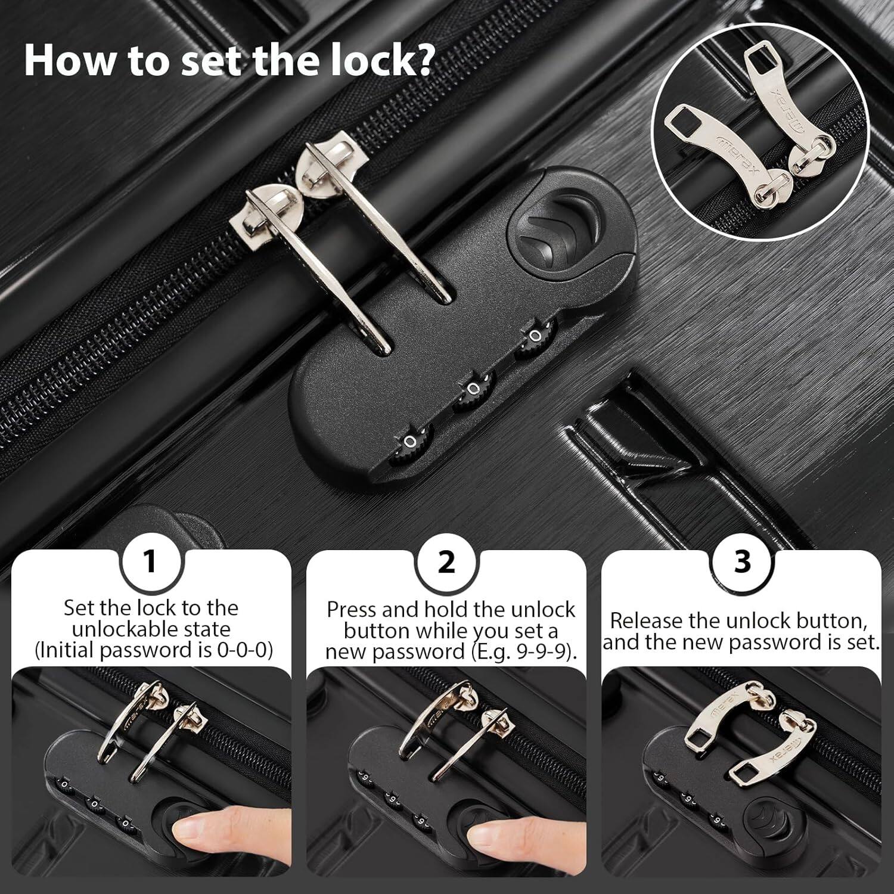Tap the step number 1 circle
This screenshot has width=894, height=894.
pyautogui.click(x=150, y=561)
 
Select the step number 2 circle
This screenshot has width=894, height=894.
pyautogui.click(x=446, y=561)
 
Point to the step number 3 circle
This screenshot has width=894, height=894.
pyautogui.click(x=742, y=561)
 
